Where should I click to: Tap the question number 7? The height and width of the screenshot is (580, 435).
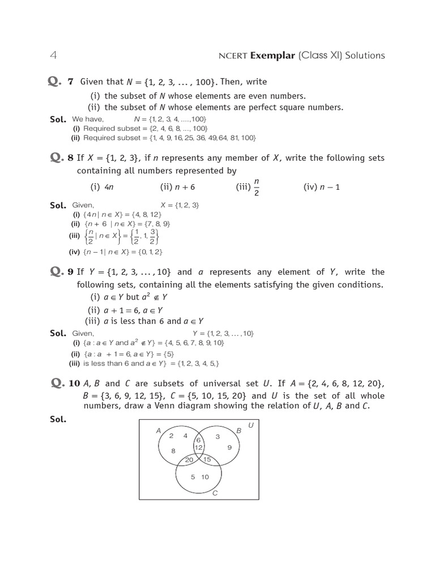(x=71, y=82)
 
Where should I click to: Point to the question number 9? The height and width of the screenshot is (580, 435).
(x=71, y=272)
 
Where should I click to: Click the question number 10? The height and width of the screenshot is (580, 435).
(x=74, y=384)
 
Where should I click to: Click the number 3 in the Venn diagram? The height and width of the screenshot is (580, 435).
(x=217, y=437)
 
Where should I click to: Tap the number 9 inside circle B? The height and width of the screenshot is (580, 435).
(x=229, y=447)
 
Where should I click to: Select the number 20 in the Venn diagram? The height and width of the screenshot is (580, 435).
(x=189, y=460)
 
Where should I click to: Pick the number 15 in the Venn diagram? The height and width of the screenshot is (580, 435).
(x=207, y=459)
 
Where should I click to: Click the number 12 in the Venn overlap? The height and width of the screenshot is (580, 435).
(x=198, y=447)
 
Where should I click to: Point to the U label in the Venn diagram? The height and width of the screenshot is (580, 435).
(x=251, y=425)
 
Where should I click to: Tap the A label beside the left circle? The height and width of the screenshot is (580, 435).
(x=159, y=431)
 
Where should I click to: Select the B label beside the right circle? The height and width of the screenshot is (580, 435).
(x=239, y=432)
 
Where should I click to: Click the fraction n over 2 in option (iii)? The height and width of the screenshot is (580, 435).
(x=257, y=186)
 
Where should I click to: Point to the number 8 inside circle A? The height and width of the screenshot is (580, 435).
(x=174, y=451)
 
